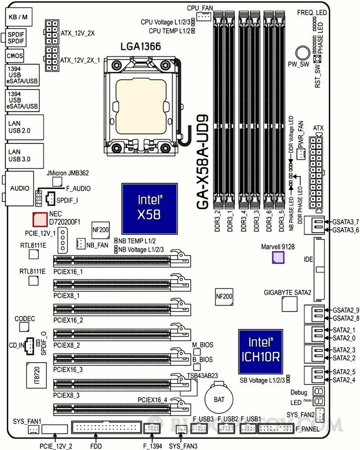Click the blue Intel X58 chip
click(x=149, y=208)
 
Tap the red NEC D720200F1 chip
click(x=40, y=219)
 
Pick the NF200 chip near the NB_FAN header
click(x=100, y=229)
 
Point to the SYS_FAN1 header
click(x=33, y=430)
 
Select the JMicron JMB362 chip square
click(x=57, y=181)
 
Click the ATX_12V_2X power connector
click(x=51, y=28)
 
